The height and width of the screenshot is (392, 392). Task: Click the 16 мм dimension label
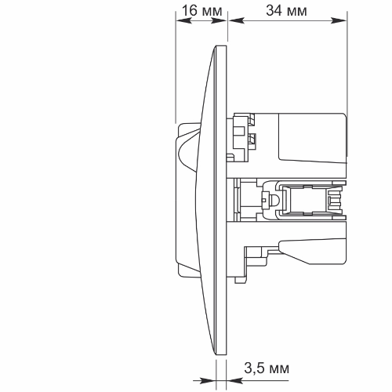[x=201, y=11]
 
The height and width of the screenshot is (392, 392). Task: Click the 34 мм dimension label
[x=286, y=11]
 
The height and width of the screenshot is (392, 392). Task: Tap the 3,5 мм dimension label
[x=267, y=368]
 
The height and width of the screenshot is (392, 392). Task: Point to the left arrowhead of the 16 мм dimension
[x=183, y=20]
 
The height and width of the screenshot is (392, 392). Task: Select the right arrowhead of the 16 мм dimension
[x=219, y=20]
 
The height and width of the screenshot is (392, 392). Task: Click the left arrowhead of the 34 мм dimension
[x=237, y=20]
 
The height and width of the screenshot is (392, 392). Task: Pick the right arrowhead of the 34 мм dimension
[x=339, y=20]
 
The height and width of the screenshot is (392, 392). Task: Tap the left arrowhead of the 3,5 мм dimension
[x=209, y=380]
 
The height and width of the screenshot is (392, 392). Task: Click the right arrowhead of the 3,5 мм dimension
[x=234, y=380]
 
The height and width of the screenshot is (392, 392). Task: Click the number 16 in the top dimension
[x=189, y=11]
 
